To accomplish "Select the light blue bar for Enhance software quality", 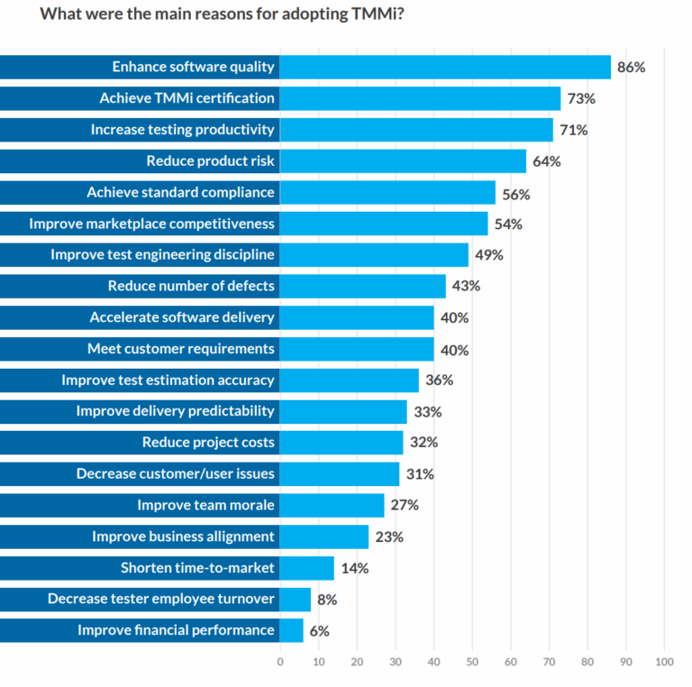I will click(445, 67).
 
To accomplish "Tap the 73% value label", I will click(581, 98).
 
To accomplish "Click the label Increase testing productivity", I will click(182, 130).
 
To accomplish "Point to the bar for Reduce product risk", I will click(403, 161).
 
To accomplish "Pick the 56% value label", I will click(516, 194).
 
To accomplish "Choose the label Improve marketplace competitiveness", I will click(151, 224).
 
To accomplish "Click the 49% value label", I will click(488, 255).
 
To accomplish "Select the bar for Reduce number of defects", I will click(362, 287).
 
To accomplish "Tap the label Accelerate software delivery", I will click(182, 317).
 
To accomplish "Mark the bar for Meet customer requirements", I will click(357, 349).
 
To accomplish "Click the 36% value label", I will click(439, 380).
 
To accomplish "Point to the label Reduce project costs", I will click(208, 443).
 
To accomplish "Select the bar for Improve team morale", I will click(332, 505).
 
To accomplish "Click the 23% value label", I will click(389, 537).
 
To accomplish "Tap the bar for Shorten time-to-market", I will click(306, 568).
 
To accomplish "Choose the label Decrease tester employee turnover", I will click(161, 599).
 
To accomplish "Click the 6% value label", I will click(319, 631).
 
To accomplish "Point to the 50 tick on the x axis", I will click(472, 662).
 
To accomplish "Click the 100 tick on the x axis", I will click(664, 662).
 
